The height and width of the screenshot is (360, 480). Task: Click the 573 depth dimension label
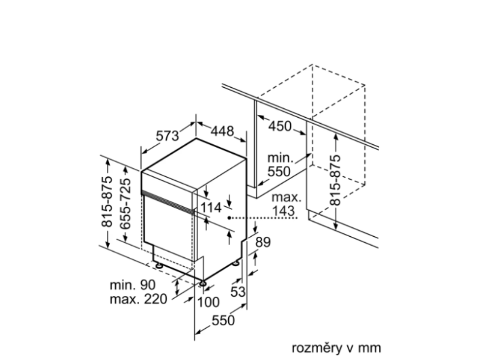[168, 136]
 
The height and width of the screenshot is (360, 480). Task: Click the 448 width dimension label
[222, 132]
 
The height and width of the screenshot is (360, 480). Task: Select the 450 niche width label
[280, 126]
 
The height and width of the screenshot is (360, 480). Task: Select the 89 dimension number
[263, 242]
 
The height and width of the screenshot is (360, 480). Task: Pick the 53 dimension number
[238, 292]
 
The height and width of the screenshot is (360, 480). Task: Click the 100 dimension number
[208, 302]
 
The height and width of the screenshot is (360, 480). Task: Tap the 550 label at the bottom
[223, 321]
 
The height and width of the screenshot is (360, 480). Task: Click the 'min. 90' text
[132, 285]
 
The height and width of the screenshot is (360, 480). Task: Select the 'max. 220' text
[138, 300]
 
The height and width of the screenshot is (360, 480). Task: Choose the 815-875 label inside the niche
[335, 180]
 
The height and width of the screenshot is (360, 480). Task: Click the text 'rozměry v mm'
[336, 348]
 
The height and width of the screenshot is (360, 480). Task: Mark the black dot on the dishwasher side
[229, 217]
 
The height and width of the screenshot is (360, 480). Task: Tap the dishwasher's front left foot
[159, 265]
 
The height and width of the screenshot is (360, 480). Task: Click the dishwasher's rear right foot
[236, 264]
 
